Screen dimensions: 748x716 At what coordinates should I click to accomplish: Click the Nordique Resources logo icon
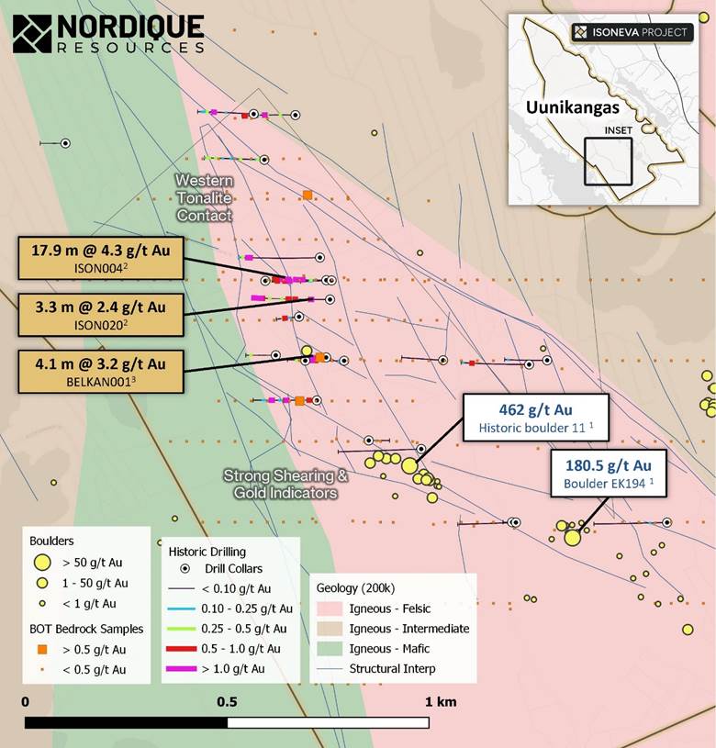33,34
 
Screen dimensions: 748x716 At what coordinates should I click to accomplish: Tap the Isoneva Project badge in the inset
630,32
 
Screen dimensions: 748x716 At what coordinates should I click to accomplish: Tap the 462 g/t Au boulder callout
523,417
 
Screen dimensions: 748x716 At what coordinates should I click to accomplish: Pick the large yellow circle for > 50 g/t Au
41,563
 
